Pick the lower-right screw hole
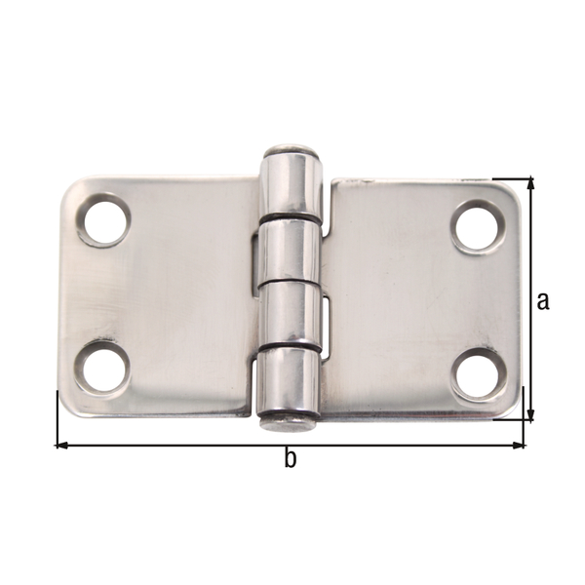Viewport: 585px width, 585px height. (x=480, y=372)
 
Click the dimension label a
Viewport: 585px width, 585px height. (x=543, y=300)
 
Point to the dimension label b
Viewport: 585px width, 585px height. (x=290, y=459)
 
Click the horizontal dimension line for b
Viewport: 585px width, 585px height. (x=195, y=445)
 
